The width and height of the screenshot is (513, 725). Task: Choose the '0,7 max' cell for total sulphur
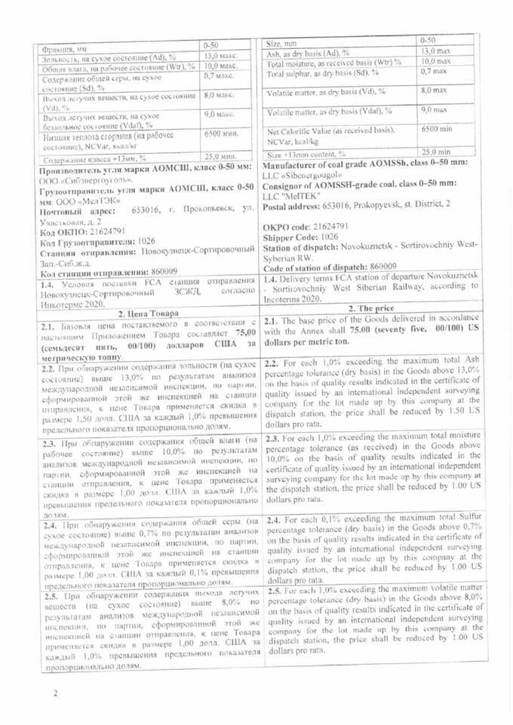point(435,71)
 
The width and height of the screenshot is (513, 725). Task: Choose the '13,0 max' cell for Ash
point(435,50)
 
